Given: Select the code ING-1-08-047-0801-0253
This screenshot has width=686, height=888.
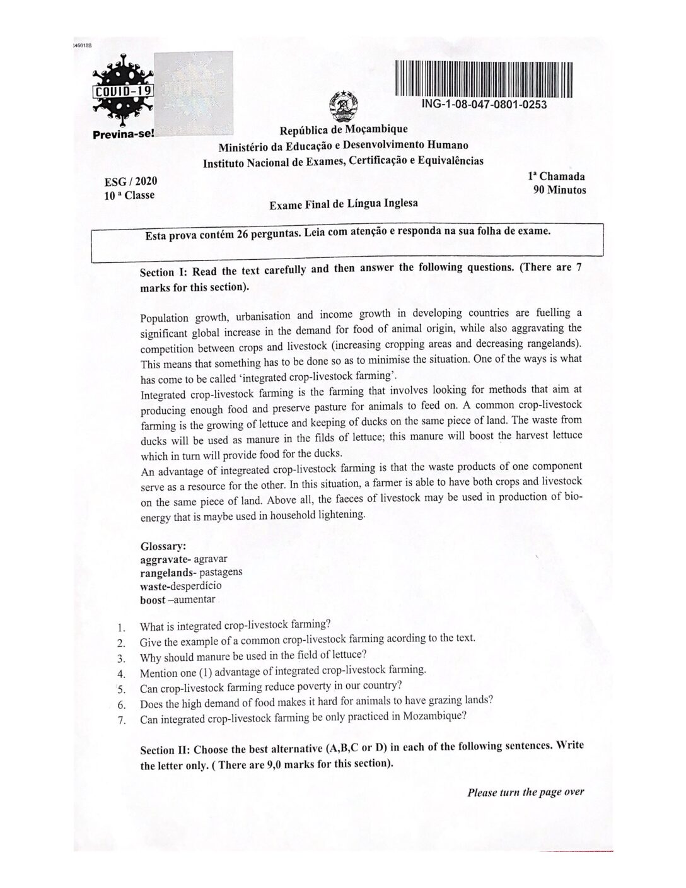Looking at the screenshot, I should [484, 105].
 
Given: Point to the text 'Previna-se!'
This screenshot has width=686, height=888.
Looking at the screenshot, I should [123, 134].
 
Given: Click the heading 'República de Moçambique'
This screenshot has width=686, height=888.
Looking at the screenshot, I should [344, 130].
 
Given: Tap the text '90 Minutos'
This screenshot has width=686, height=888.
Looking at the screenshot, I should [559, 190].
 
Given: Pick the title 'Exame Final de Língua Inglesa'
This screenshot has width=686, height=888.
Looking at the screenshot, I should [343, 204].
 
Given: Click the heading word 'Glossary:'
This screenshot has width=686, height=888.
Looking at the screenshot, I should [163, 546].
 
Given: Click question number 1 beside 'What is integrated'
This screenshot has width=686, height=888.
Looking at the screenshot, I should [121, 628].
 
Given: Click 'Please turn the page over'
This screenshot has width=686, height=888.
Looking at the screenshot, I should [525, 792].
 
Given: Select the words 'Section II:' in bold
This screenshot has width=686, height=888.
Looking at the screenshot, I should [165, 750].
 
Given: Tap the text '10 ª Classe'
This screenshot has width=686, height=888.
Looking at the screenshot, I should [129, 196].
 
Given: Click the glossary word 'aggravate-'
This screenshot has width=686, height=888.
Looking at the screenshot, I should [166, 559].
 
